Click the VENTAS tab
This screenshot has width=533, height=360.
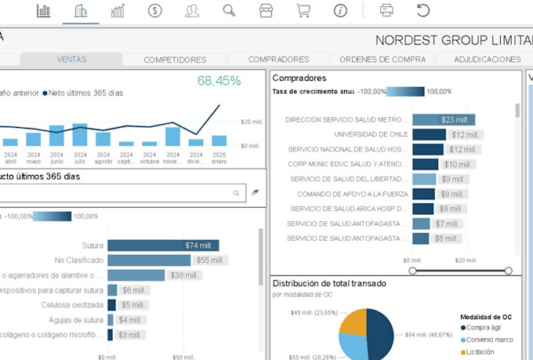(71, 60)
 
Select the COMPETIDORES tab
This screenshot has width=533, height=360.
(175, 60)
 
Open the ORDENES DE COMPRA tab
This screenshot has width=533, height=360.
(383, 60)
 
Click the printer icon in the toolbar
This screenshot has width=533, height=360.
(386, 10)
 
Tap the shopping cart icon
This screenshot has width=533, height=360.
(303, 10)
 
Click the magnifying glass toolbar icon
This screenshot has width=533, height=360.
(229, 10)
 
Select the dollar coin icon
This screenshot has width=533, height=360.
(155, 10)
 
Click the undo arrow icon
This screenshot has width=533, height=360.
(423, 10)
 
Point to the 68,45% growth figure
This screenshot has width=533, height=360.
(219, 81)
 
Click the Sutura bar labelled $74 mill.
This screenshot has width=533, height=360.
(163, 245)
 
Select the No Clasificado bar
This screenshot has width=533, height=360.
(144, 260)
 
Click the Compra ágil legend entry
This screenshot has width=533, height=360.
(488, 328)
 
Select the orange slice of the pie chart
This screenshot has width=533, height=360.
(354, 322)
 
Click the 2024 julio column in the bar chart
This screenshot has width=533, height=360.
(80, 134)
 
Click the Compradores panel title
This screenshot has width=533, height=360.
(299, 78)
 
